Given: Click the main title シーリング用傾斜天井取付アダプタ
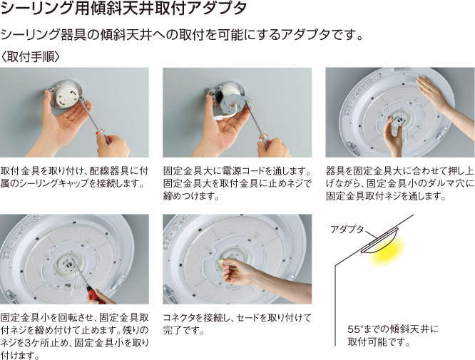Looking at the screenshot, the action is tap(123, 8).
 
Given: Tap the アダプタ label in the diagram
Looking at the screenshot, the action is tap(347, 230).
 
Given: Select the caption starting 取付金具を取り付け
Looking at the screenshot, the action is tap(74, 177).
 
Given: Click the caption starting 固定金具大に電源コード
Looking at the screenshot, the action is tap(237, 183).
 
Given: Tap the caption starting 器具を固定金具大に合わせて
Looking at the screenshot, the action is tap(400, 183).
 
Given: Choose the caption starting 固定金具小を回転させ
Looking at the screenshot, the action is tap(75, 336).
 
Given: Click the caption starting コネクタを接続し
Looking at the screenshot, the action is tap(237, 324).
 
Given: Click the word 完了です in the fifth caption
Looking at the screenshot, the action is tap(183, 330).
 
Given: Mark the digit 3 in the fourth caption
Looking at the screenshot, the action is tap(27, 343).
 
